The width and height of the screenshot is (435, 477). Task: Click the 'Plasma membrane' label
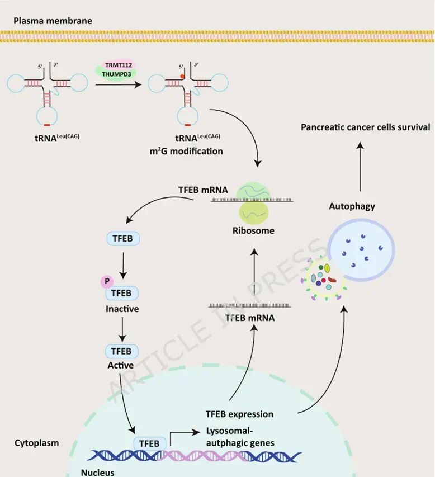coord(53,21)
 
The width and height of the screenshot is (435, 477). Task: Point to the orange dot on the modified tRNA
coord(182,75)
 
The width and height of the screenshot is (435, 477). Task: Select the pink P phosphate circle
coord(106,282)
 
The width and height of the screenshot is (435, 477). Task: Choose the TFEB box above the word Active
coord(121,351)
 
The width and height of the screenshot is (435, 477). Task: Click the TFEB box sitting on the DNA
coord(149,444)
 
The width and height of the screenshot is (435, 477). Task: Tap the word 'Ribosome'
coord(254,230)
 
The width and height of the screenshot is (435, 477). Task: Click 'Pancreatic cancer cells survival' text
coord(366,127)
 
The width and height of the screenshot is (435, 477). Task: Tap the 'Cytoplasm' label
coord(36,443)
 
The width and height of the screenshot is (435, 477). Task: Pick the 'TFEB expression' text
coord(239,414)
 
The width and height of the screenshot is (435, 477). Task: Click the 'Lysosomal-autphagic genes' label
coord(240,437)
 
